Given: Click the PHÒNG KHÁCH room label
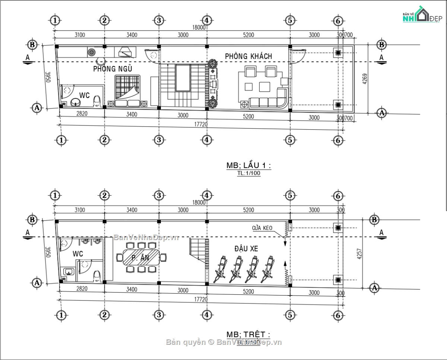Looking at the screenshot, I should pyautogui.click(x=248, y=56).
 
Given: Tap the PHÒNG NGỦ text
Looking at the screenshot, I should pyautogui.click(x=112, y=69).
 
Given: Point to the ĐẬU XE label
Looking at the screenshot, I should pyautogui.click(x=247, y=249).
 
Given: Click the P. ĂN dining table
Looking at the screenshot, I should pyautogui.click(x=142, y=258).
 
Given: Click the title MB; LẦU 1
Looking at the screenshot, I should pyautogui.click(x=248, y=166).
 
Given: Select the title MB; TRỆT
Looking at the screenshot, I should pyautogui.click(x=248, y=334).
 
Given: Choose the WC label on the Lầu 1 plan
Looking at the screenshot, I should pyautogui.click(x=85, y=95).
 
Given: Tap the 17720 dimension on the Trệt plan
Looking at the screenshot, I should pyautogui.click(x=200, y=299).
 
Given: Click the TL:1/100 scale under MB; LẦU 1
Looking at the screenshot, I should pyautogui.click(x=248, y=174).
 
